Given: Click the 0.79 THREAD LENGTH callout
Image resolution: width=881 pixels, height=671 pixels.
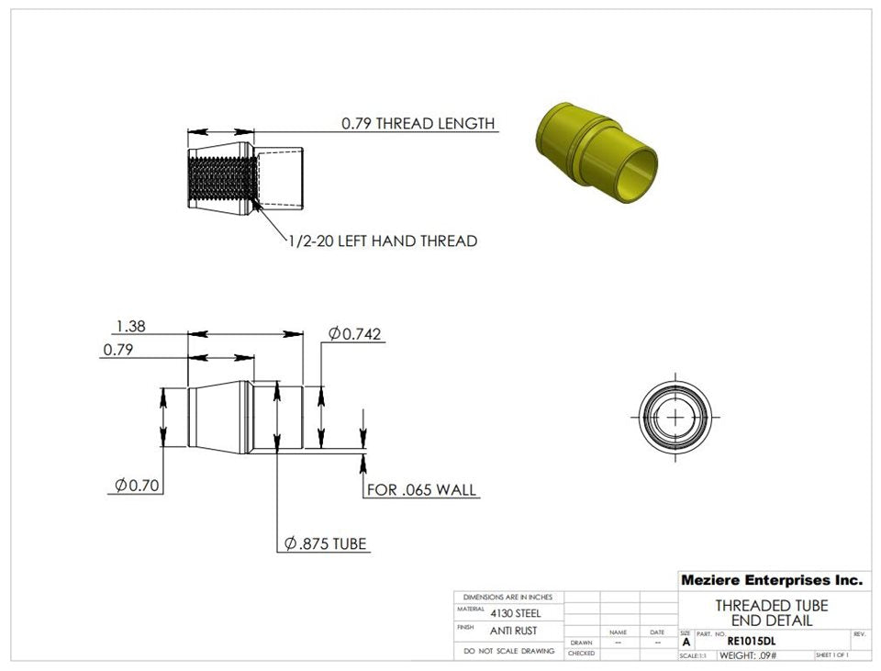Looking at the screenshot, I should pyautogui.click(x=418, y=123).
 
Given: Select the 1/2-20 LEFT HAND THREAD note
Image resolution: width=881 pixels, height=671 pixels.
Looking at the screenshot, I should pyautogui.click(x=382, y=241).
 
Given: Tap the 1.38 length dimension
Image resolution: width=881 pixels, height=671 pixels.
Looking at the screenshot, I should pyautogui.click(x=130, y=326).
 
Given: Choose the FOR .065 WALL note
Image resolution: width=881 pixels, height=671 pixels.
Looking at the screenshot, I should pyautogui.click(x=421, y=490).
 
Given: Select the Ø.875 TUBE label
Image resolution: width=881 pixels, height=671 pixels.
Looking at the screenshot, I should pyautogui.click(x=325, y=544).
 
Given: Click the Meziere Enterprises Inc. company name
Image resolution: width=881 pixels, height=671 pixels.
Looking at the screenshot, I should pyautogui.click(x=772, y=580).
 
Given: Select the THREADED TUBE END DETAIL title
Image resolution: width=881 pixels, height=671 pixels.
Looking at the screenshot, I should pyautogui.click(x=771, y=613).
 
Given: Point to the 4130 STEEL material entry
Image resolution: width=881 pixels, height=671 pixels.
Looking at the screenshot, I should pyautogui.click(x=515, y=613).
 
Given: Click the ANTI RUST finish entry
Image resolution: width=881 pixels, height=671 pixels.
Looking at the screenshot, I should pyautogui.click(x=515, y=631).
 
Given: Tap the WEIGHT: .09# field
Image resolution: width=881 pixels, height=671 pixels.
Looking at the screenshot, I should pyautogui.click(x=748, y=655).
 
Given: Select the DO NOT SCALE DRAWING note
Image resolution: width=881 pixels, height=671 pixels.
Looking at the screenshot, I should pyautogui.click(x=508, y=651).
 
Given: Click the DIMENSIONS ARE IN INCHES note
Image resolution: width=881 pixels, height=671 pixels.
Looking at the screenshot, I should pyautogui.click(x=508, y=597).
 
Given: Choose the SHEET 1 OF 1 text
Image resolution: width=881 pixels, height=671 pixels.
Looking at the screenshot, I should pyautogui.click(x=831, y=655).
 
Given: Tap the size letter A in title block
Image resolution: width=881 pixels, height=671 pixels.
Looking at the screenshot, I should pyautogui.click(x=686, y=643).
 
